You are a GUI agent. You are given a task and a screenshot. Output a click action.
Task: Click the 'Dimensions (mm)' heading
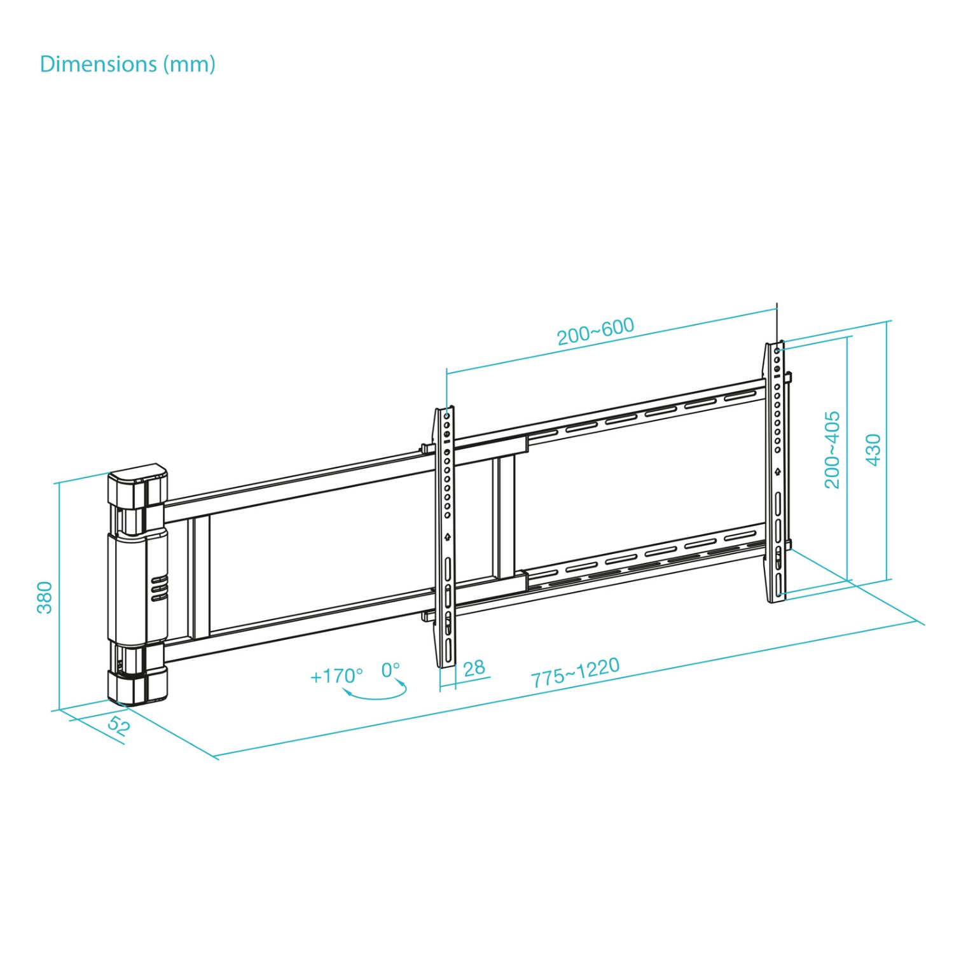(127, 64)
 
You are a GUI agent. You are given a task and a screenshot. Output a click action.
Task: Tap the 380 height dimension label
(45, 597)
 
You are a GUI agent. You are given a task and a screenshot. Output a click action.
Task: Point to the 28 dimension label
(474, 668)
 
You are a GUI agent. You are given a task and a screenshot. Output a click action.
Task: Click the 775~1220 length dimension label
(575, 672)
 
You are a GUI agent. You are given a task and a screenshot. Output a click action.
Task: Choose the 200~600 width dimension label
(595, 331)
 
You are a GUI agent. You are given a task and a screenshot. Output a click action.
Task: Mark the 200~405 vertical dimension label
(832, 450)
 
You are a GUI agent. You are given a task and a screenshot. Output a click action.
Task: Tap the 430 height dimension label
(874, 450)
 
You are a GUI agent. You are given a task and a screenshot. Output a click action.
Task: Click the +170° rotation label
(336, 675)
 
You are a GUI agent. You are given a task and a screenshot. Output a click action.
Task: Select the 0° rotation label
(391, 670)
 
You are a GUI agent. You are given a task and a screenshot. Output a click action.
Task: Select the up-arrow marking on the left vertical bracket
(448, 536)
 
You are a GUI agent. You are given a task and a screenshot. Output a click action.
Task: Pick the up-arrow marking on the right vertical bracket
(777, 471)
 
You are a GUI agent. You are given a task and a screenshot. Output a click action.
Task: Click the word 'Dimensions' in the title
(98, 64)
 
